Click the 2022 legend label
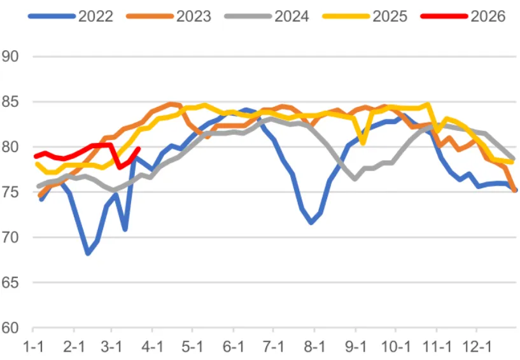tap(95, 16)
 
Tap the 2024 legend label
tap(292, 16)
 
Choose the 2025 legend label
tap(390, 16)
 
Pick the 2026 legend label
tap(488, 16)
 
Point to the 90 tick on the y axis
tap(11, 57)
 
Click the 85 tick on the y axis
tap(11, 102)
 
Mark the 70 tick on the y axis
tap(11, 237)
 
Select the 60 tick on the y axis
tap(11, 328)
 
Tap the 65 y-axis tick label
tap(11, 282)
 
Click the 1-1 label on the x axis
tap(33, 348)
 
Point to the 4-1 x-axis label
tap(153, 348)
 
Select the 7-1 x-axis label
tap(274, 348)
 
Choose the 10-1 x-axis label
tap(395, 348)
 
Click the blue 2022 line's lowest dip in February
tap(88, 253)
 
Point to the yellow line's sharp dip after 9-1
tap(363, 143)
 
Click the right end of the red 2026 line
tap(138, 149)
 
